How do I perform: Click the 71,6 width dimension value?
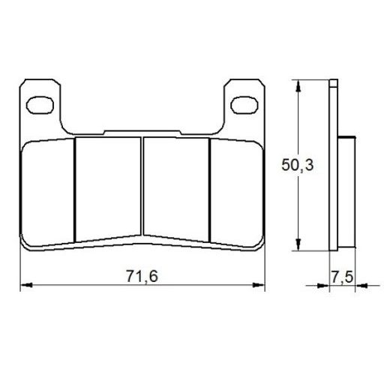click(142, 275)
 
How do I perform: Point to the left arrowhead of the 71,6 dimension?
click(24, 286)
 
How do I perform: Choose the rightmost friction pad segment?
click(235, 191)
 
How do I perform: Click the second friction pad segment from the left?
click(108, 187)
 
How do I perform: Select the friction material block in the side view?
click(346, 191)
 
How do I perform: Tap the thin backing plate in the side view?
click(335, 165)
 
